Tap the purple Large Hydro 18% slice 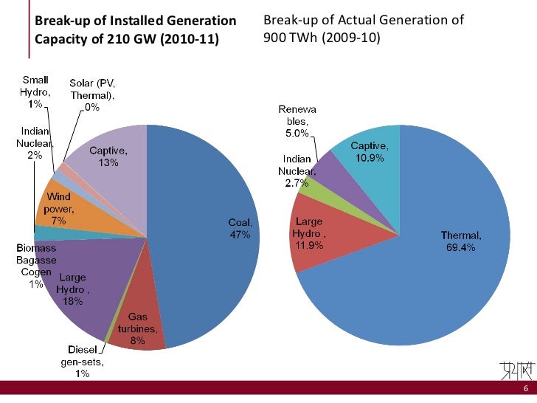[x=81, y=288]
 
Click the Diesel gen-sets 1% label [x=81, y=361]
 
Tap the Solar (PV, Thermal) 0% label [x=92, y=95]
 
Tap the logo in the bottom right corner [x=515, y=370]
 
